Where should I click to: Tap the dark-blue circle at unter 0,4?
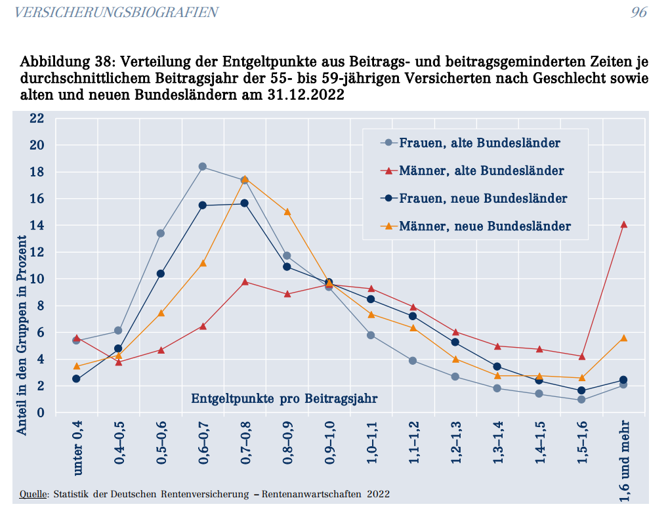click(x=77, y=379)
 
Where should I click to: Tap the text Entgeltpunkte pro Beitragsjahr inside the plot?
click(x=284, y=398)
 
